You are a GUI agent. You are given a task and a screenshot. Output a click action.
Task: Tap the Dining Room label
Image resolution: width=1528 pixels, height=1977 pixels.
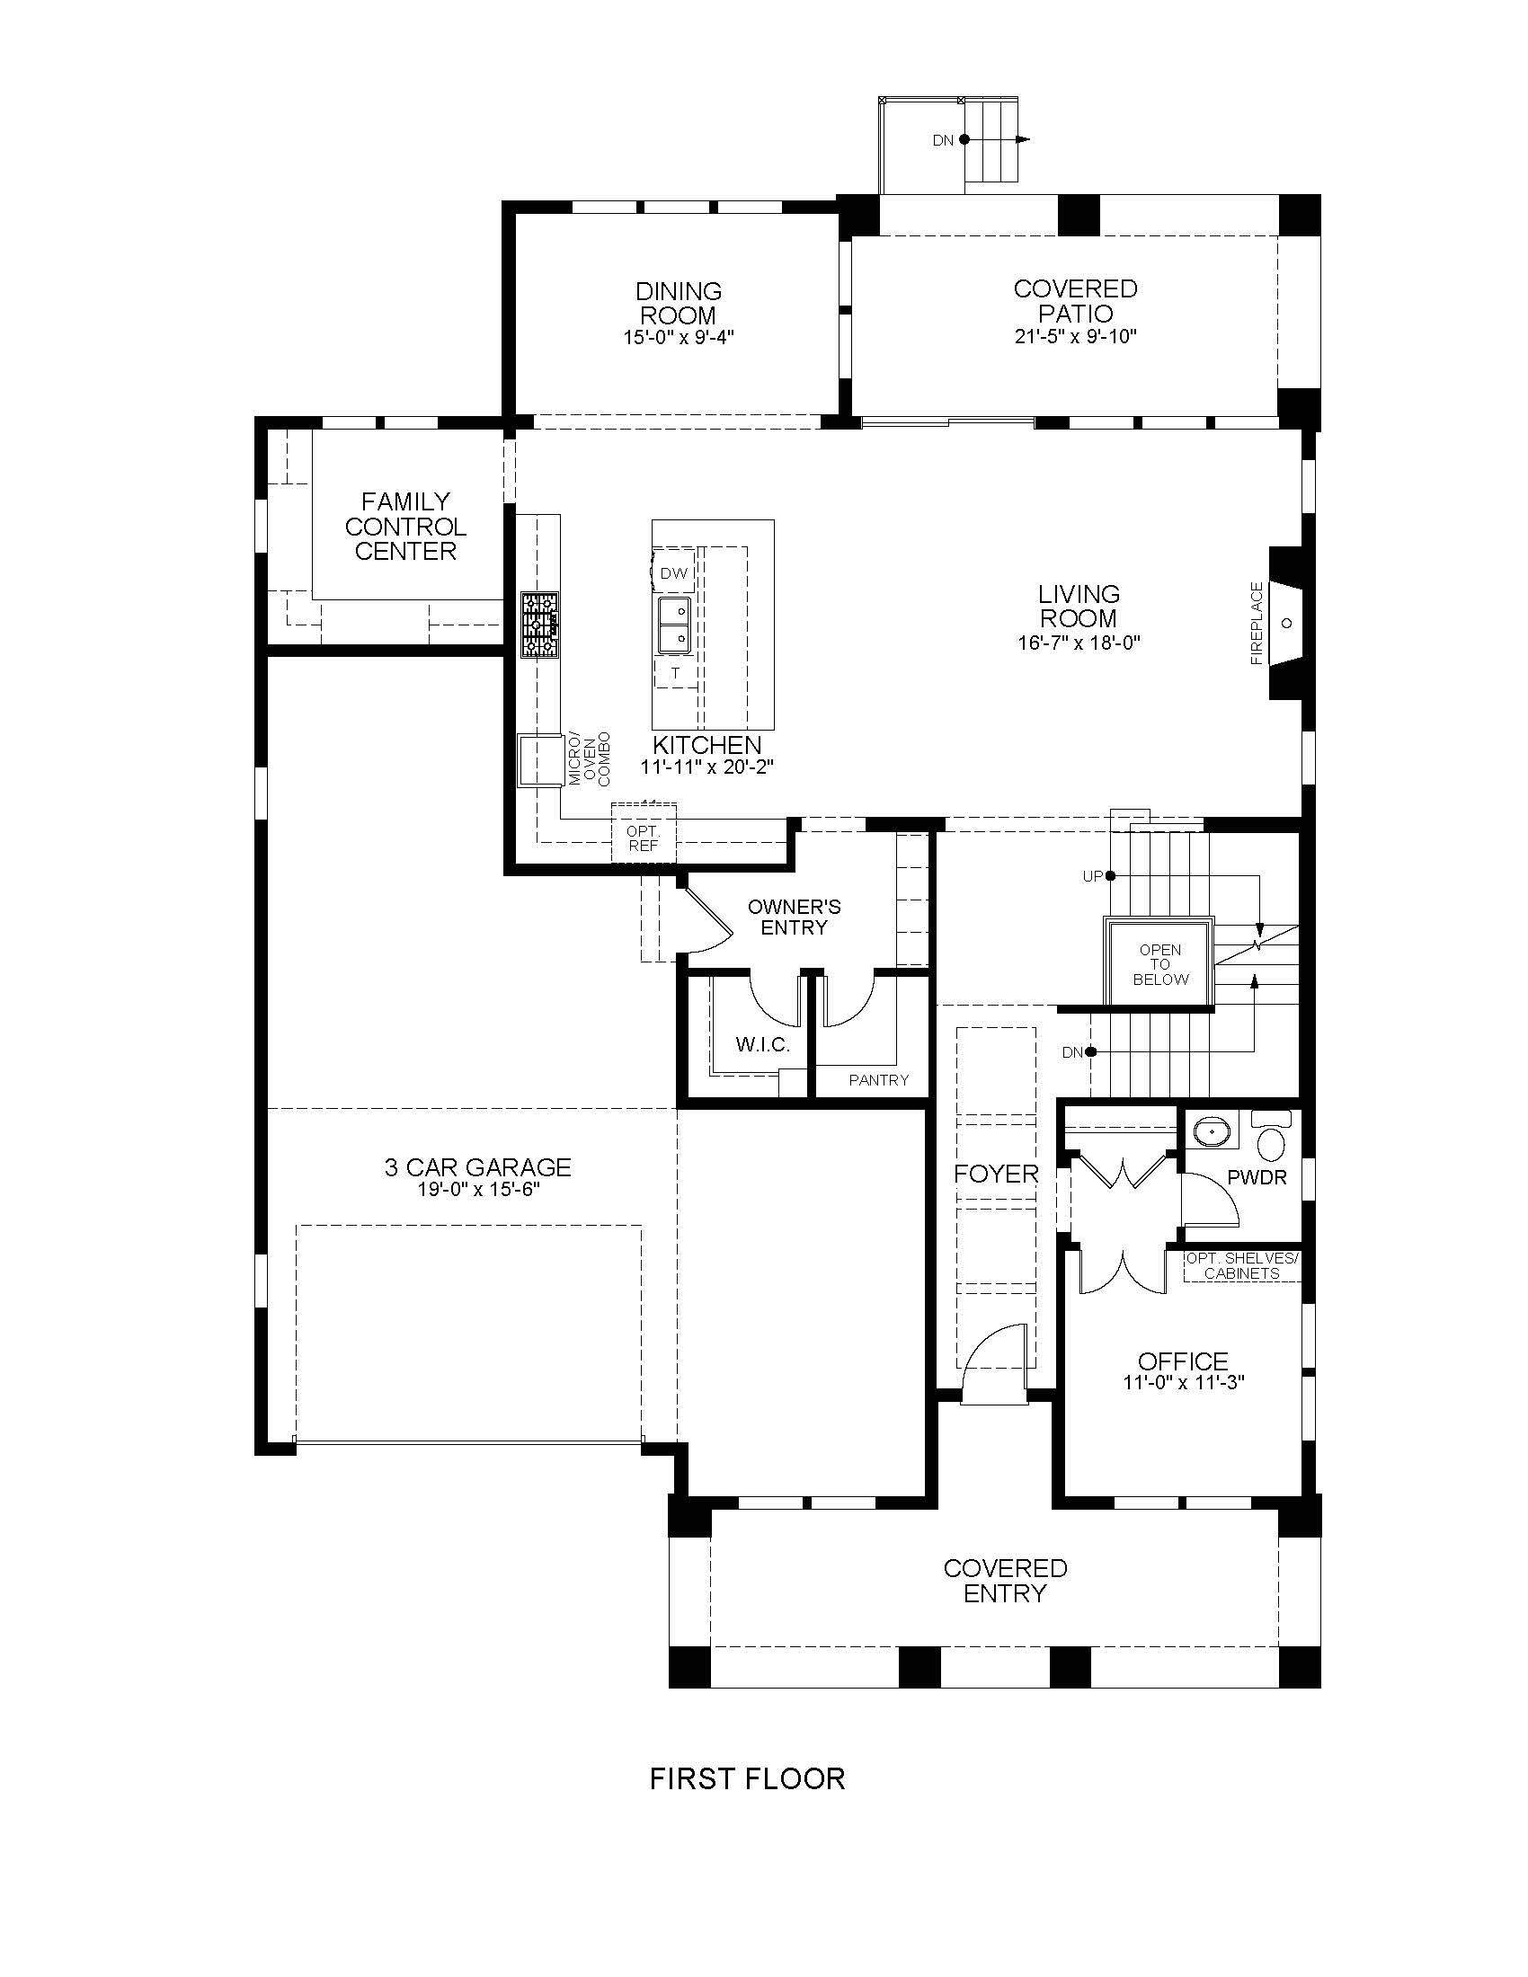(x=679, y=303)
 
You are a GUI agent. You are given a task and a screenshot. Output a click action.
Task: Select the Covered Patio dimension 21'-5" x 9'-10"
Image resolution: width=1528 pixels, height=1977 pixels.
(x=1075, y=337)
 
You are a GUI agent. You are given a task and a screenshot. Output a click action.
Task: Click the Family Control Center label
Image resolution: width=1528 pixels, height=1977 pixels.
(x=405, y=526)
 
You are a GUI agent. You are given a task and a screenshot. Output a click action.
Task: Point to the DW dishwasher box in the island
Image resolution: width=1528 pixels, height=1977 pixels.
(x=673, y=573)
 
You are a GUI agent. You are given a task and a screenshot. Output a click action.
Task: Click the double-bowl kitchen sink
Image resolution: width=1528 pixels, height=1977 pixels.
(x=673, y=625)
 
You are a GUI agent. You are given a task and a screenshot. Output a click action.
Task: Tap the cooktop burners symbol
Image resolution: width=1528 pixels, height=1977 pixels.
(x=539, y=625)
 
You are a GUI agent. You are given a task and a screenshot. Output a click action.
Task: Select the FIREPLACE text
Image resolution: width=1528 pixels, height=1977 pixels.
(x=1257, y=624)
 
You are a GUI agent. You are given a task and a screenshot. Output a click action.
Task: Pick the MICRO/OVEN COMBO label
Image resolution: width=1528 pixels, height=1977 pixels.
(x=590, y=758)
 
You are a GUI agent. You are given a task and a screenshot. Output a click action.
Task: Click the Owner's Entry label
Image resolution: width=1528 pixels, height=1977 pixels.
(x=794, y=916)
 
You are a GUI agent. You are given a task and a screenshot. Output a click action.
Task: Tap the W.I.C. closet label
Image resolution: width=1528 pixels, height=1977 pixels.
(x=763, y=1044)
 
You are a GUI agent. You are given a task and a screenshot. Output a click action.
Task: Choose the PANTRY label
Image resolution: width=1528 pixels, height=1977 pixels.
(x=878, y=1079)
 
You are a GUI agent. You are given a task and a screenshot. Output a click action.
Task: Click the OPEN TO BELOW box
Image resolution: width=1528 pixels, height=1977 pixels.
(x=1160, y=962)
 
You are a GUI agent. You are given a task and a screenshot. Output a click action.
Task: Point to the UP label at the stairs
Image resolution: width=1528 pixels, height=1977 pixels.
(x=1093, y=876)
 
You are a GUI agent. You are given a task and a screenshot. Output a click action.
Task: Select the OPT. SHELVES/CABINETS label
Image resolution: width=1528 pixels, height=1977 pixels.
(x=1241, y=1265)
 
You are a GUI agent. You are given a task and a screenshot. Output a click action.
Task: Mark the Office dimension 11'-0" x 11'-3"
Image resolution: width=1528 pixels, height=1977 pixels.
(x=1183, y=1384)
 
